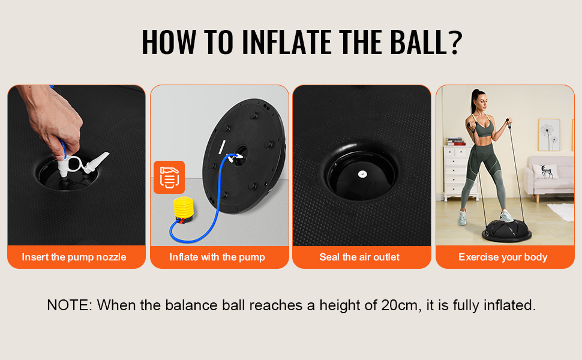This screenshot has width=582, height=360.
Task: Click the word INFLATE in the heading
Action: pyautogui.click(x=287, y=43)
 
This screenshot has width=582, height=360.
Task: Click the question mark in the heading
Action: pyautogui.click(x=455, y=43)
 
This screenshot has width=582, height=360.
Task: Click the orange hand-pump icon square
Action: pyautogui.click(x=169, y=177)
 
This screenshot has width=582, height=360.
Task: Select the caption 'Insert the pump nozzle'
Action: pyautogui.click(x=74, y=257)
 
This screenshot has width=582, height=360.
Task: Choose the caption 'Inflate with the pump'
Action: pyautogui.click(x=217, y=257)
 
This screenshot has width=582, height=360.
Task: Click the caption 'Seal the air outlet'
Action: pyautogui.click(x=359, y=257)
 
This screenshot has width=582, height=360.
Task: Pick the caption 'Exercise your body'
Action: pyautogui.click(x=503, y=257)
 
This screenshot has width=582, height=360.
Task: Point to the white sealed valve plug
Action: pyautogui.click(x=362, y=173)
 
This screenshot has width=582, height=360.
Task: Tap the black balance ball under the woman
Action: pyautogui.click(x=506, y=230)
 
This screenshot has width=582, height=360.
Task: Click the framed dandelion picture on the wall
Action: pyautogui.click(x=548, y=135)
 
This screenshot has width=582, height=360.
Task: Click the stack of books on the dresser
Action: pyautogui.click(x=455, y=142)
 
